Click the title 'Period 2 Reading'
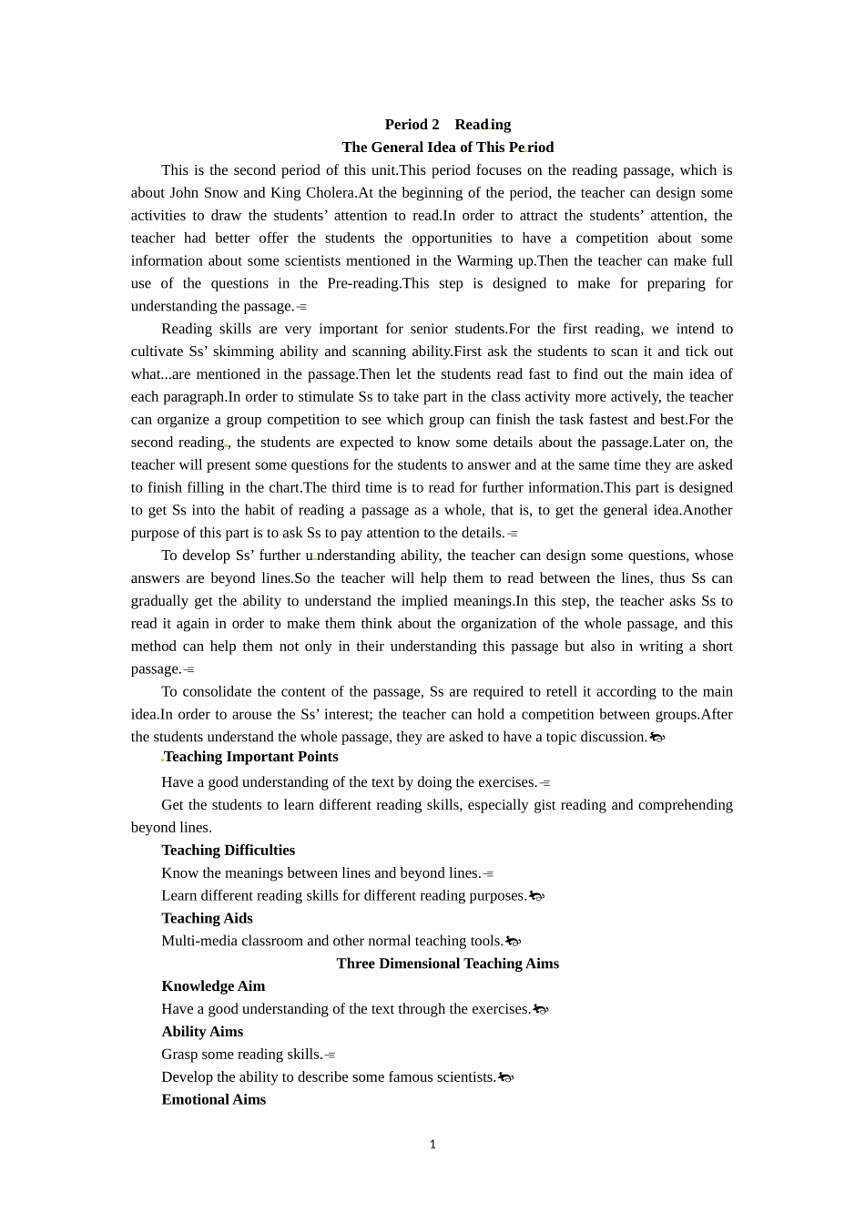447,125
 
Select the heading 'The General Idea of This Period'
447,148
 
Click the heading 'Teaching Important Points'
250,757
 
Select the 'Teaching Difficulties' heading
228,851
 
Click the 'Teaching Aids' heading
207,919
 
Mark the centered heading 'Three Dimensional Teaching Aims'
447,964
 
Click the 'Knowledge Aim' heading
213,986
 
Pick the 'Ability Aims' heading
202,1032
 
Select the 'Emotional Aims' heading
213,1100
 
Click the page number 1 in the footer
432,1145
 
